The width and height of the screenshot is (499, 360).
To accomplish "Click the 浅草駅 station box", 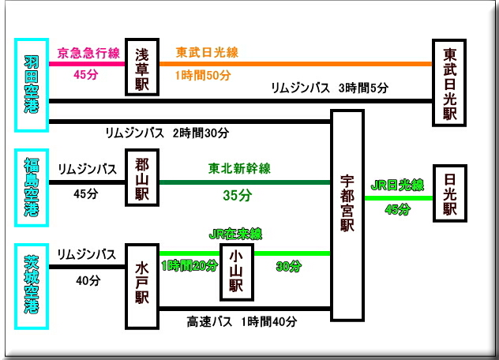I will tap(142, 67).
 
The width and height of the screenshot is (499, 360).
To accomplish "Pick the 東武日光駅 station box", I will tap(450, 83).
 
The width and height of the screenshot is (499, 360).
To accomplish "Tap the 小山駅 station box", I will tap(235, 272).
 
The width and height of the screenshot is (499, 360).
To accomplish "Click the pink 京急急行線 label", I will tap(88, 53).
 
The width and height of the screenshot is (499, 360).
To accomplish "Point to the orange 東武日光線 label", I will tap(207, 53).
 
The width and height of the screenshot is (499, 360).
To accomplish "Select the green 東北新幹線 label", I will tap(239, 168).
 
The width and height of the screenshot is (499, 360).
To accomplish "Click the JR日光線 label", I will tap(397, 186).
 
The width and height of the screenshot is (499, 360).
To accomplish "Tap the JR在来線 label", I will tap(235, 234).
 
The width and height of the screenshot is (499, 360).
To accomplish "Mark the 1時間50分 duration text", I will tap(204, 76).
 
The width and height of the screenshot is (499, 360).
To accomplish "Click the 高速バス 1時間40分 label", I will tap(242, 322).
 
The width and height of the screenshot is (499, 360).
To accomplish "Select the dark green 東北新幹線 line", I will tap(245, 182).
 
